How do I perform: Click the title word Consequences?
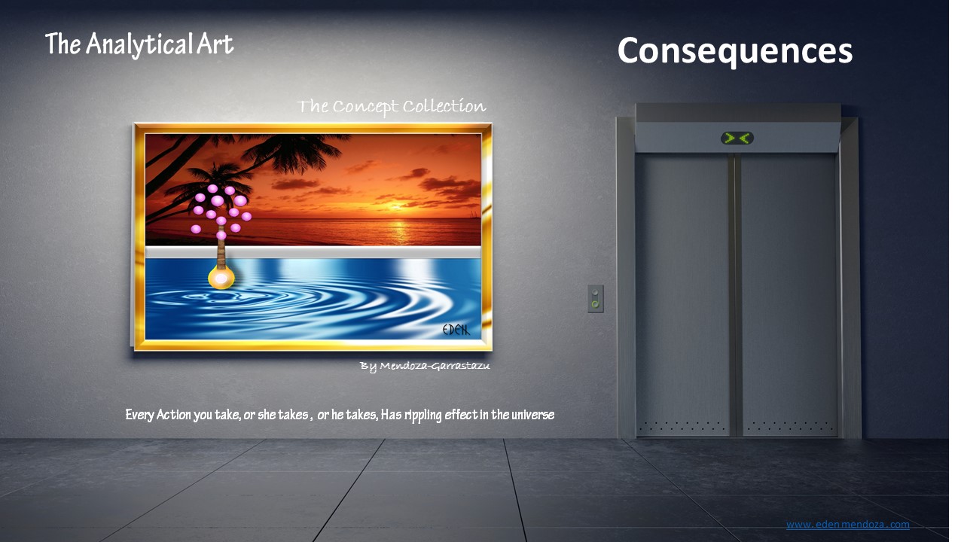pos(734,51)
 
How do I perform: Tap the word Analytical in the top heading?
pos(139,44)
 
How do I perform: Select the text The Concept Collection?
pos(391,107)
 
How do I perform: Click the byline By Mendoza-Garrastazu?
pos(425,366)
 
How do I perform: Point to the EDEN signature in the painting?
pos(456,330)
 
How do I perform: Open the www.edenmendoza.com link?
pos(848,525)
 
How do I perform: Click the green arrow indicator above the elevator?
pos(737,138)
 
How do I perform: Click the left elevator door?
pos(683,294)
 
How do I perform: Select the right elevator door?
pos(789,294)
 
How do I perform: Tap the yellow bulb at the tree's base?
pos(221,278)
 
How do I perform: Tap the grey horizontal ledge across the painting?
pos(313,252)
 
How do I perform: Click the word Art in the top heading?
pos(215,44)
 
